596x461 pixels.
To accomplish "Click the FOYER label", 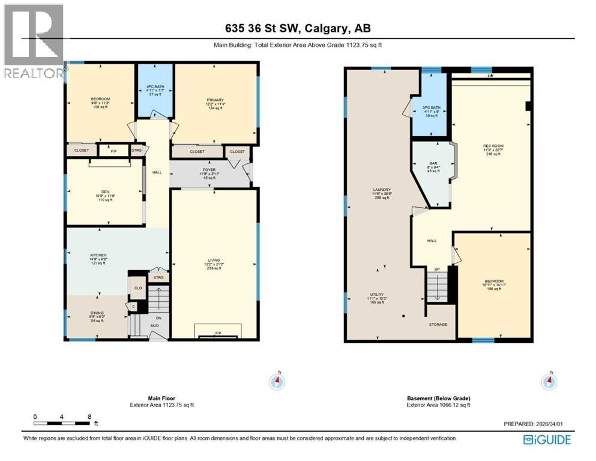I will click(209, 170).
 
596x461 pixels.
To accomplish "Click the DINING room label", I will click(97, 313).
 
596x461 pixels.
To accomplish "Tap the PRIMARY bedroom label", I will click(215, 100).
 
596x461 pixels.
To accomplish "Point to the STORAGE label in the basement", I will click(438, 324).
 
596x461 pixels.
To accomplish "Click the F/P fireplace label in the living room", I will click(217, 332).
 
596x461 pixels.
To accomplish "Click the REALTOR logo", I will click(34, 42).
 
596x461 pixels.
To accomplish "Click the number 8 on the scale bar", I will click(89, 416).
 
